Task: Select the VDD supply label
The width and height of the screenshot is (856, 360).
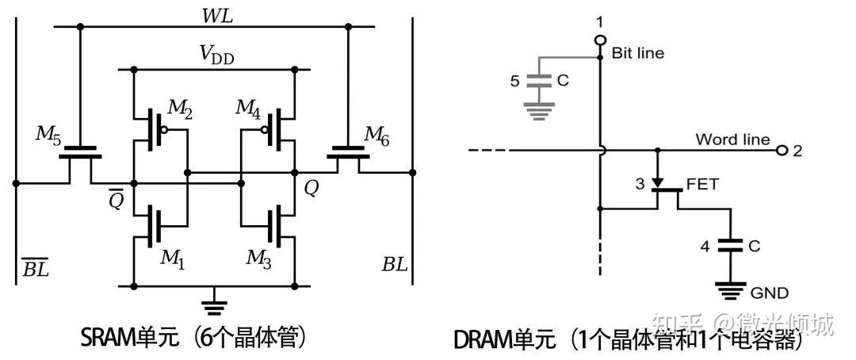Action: pyautogui.click(x=216, y=55)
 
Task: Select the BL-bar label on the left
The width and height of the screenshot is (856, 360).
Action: pyautogui.click(x=35, y=268)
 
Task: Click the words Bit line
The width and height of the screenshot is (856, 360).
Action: pyautogui.click(x=638, y=53)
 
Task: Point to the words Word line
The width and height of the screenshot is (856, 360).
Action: pyautogui.click(x=732, y=140)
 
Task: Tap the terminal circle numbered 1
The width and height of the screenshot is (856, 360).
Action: pyautogui.click(x=601, y=39)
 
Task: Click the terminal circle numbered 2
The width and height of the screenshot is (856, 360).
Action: pyautogui.click(x=782, y=150)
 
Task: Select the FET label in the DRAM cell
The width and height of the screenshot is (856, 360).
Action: pyautogui.click(x=702, y=184)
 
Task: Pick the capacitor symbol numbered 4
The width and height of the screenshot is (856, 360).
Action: pyautogui.click(x=728, y=247)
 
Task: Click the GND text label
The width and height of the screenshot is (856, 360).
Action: pyautogui.click(x=770, y=293)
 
